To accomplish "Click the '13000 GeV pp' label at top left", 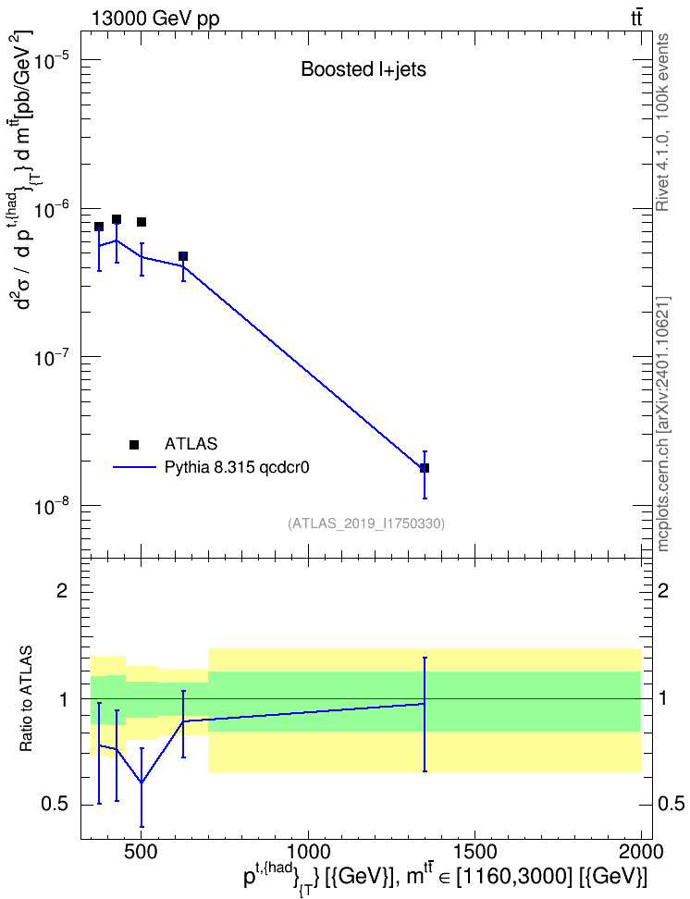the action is point(154,18).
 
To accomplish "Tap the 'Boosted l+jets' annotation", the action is point(363,69).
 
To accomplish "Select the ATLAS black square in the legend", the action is point(134,444).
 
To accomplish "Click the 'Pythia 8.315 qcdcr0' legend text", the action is point(237,468).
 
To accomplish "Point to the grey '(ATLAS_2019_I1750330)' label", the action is point(366,523).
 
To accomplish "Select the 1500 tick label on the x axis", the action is point(474,851).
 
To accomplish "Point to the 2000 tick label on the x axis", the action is point(642,851).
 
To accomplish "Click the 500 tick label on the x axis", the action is point(142,851).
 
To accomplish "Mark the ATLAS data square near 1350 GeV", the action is point(425,468).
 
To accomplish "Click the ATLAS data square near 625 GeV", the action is point(183,256).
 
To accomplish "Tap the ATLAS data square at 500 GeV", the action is point(142,222).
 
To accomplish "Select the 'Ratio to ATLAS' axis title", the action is point(26,698).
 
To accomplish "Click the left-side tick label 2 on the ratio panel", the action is point(62,590).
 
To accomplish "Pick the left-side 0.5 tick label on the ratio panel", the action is point(55,805).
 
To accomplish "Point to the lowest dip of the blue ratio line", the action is point(142,782).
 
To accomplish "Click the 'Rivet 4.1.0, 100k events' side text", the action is point(662,122).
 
